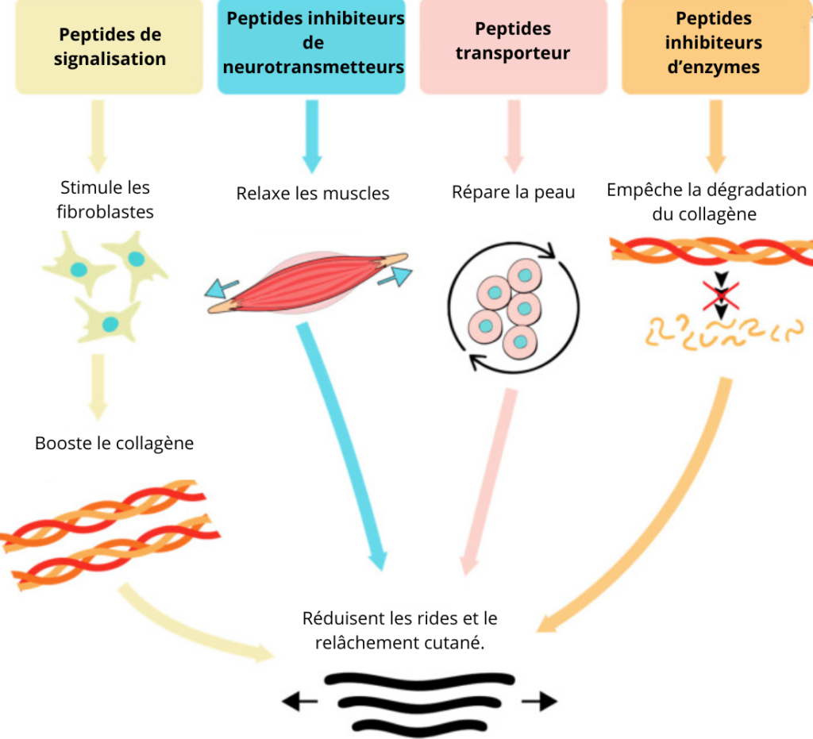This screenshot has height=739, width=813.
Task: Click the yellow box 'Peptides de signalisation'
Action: click(110, 47)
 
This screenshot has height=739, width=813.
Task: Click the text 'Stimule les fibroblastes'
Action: click(106, 200)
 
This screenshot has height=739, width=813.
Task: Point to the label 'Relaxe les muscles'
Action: click(313, 193)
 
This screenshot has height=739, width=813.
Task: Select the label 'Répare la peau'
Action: click(513, 192)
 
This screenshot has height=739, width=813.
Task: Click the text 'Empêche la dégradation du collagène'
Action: click(706, 202)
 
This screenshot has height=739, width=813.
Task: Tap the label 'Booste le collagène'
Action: click(114, 443)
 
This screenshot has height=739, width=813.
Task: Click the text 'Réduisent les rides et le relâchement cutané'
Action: click(399, 630)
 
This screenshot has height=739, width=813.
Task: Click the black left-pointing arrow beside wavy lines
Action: click(300, 701)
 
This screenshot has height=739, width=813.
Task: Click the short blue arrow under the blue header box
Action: click(312, 138)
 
